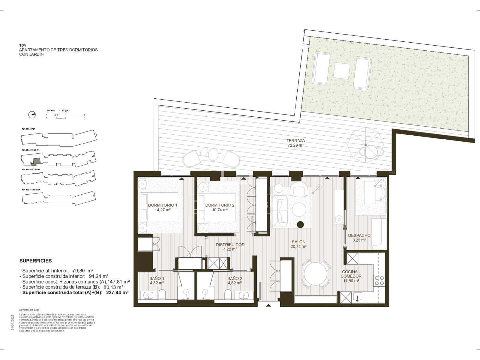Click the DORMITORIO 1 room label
click(163, 205)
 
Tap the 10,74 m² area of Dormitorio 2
click(220, 210)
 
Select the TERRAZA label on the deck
click(295, 140)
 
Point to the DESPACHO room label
click(359, 235)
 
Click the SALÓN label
click(298, 242)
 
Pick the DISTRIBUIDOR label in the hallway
click(230, 244)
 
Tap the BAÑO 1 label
click(157, 278)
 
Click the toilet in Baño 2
click(228, 295)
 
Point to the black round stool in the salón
click(300, 224)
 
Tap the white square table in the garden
click(342, 70)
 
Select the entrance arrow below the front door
click(268, 305)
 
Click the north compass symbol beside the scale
click(31, 114)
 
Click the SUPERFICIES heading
click(35, 261)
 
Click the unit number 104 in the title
click(22, 45)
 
